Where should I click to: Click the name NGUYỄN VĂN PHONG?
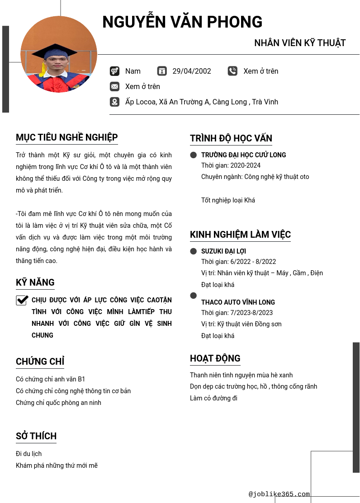point(182,22)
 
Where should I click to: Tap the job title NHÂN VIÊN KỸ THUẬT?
point(300,43)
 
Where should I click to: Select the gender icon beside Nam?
point(114,71)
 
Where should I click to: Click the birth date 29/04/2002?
point(192,71)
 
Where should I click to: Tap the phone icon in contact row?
point(232,71)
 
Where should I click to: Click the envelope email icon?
point(114,86)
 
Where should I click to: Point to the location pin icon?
point(114,102)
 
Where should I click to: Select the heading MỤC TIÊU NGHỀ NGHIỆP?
point(67,137)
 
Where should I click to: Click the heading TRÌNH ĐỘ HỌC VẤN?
point(231,138)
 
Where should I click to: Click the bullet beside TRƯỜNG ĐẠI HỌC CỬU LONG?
point(194,155)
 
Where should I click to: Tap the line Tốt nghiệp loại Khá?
point(228,200)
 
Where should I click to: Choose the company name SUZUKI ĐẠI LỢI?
point(223,251)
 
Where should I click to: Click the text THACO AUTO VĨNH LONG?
point(238,302)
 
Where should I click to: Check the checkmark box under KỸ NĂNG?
point(22,300)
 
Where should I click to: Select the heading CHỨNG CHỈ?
point(40,362)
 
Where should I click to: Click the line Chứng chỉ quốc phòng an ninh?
point(58,403)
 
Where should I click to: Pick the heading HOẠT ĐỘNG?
point(215,358)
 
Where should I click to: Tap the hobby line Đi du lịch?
point(29,454)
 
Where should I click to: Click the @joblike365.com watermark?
point(279,494)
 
